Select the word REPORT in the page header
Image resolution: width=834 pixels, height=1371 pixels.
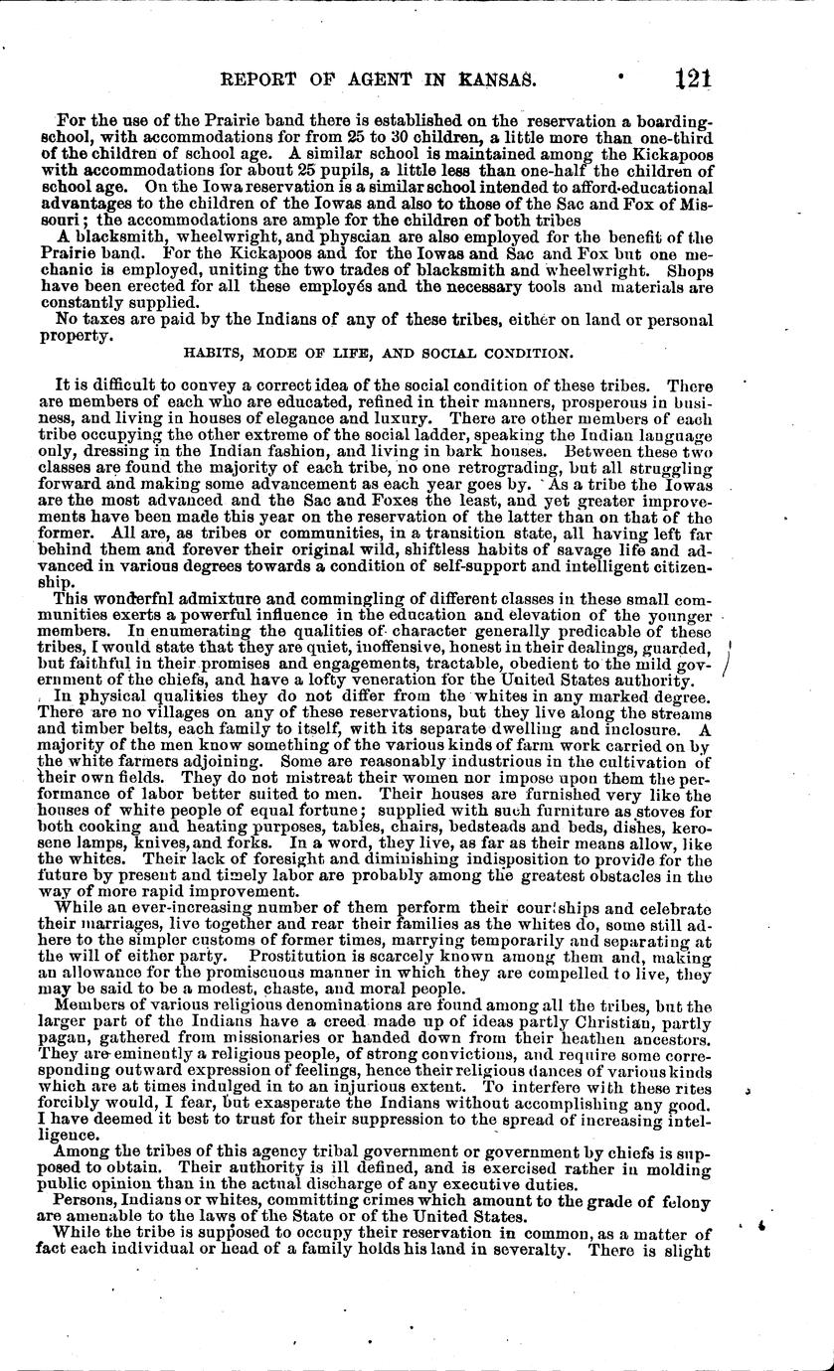267,78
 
